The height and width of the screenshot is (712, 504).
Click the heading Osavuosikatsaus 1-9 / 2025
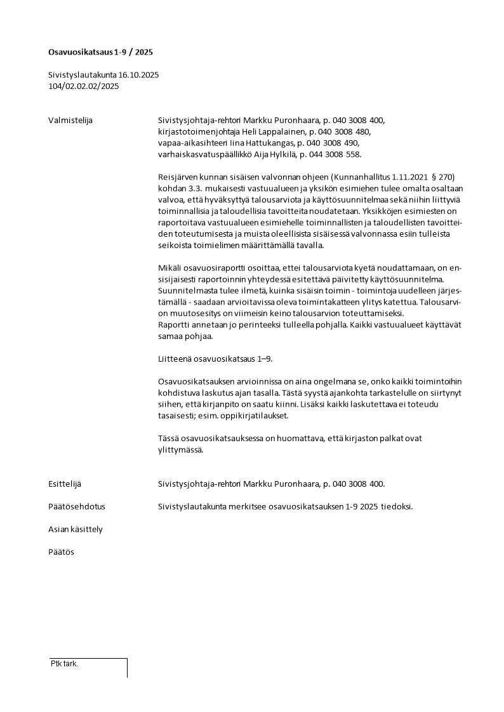pyautogui.click(x=100, y=51)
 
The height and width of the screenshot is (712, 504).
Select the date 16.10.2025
pyautogui.click(x=138, y=75)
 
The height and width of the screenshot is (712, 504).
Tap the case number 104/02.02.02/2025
pyautogui.click(x=83, y=86)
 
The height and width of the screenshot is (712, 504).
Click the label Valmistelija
pyautogui.click(x=70, y=120)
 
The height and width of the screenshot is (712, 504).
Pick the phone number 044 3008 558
pyautogui.click(x=338, y=154)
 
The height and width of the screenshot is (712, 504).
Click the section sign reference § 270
pyautogui.click(x=441, y=176)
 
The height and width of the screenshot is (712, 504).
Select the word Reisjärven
pyautogui.click(x=180, y=176)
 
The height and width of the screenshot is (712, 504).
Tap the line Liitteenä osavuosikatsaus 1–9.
pyautogui.click(x=215, y=359)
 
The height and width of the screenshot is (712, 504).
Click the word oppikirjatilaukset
pyautogui.click(x=252, y=416)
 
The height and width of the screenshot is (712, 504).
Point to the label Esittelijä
pyautogui.click(x=65, y=484)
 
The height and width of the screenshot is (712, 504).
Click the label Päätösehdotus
pyautogui.click(x=77, y=507)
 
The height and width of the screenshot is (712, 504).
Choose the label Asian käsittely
pyautogui.click(x=76, y=529)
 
